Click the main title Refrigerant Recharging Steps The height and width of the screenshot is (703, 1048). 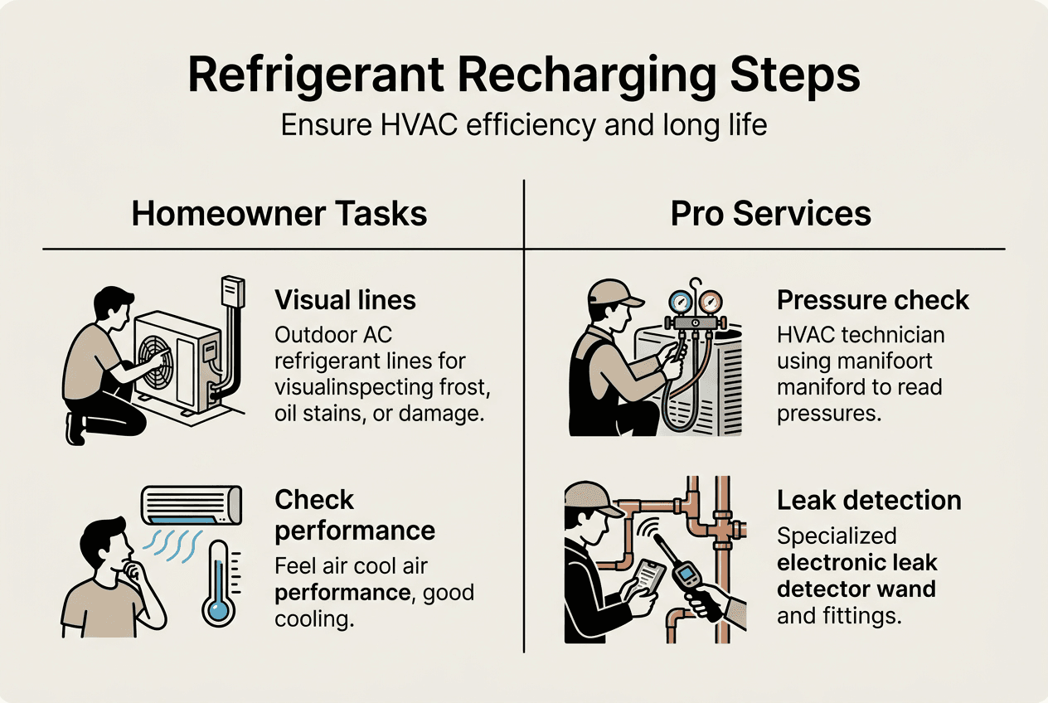pyautogui.click(x=524, y=75)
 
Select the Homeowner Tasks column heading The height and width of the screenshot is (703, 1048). pyautogui.click(x=279, y=213)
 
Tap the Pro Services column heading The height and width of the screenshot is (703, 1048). pyautogui.click(x=770, y=213)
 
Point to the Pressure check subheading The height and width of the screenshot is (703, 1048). pyautogui.click(x=873, y=299)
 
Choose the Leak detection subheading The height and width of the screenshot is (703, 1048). pyautogui.click(x=869, y=500)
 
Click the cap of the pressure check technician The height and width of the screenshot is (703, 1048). pyautogui.click(x=612, y=293)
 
